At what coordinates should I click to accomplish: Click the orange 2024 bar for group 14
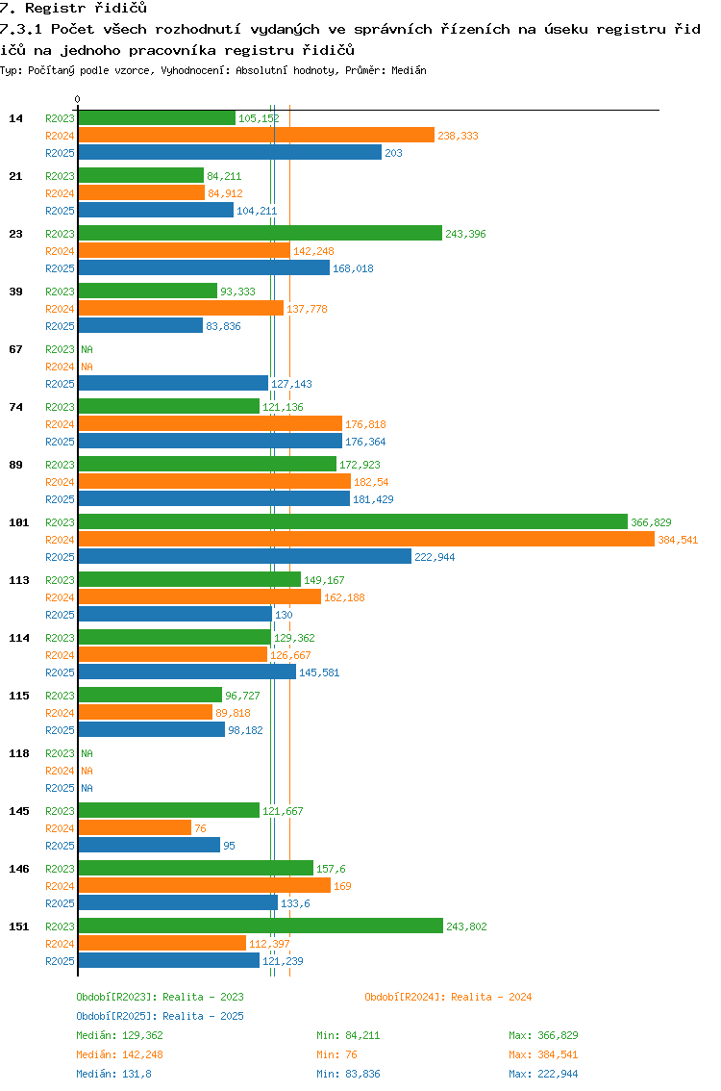pyautogui.click(x=257, y=135)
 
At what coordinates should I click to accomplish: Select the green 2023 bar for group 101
pyautogui.click(x=353, y=521)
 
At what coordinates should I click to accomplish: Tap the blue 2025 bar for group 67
pyautogui.click(x=173, y=383)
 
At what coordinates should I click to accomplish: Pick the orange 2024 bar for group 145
pyautogui.click(x=135, y=828)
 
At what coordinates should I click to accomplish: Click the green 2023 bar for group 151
pyautogui.click(x=261, y=926)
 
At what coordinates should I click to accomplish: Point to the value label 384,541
pyautogui.click(x=678, y=540)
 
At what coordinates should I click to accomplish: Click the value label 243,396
pyautogui.click(x=466, y=234)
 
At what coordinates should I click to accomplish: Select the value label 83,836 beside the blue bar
pyautogui.click(x=223, y=326)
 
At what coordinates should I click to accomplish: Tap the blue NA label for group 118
pyautogui.click(x=87, y=788)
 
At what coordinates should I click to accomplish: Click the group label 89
pyautogui.click(x=16, y=465)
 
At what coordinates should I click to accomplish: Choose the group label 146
pyautogui.click(x=19, y=869)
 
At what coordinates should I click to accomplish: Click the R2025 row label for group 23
pyautogui.click(x=60, y=268)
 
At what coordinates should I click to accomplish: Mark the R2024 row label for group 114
pyautogui.click(x=60, y=655)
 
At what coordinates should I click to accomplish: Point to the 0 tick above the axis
pyautogui.click(x=77, y=99)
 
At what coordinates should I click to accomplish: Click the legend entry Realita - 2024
pyautogui.click(x=448, y=997)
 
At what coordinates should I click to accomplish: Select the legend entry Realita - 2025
pyautogui.click(x=160, y=1016)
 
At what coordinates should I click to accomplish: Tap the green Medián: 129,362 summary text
pyautogui.click(x=119, y=1035)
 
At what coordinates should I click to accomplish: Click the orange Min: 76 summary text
pyautogui.click(x=336, y=1054)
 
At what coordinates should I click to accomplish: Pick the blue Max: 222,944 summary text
pyautogui.click(x=543, y=1074)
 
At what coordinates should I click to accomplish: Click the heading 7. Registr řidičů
pyautogui.click(x=74, y=9)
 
